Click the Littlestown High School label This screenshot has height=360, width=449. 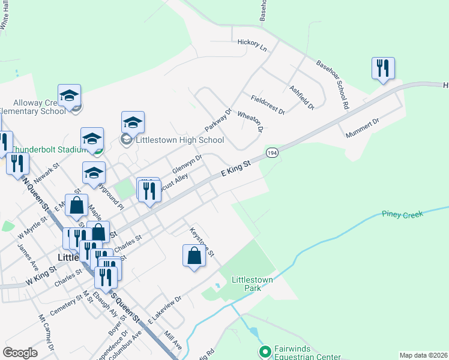point(180,140)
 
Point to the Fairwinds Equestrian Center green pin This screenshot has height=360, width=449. point(264,351)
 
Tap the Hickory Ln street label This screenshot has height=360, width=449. point(252,44)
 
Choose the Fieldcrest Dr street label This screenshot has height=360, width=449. point(267,104)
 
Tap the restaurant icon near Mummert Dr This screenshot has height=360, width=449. point(382,68)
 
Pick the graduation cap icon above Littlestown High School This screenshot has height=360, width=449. point(133,122)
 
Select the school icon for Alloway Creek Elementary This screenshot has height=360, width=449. point(70,95)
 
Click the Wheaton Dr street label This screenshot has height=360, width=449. point(250,121)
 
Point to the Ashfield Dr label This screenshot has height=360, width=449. point(302,97)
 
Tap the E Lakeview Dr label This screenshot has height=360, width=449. point(164,311)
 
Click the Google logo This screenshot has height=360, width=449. point(20,352)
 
